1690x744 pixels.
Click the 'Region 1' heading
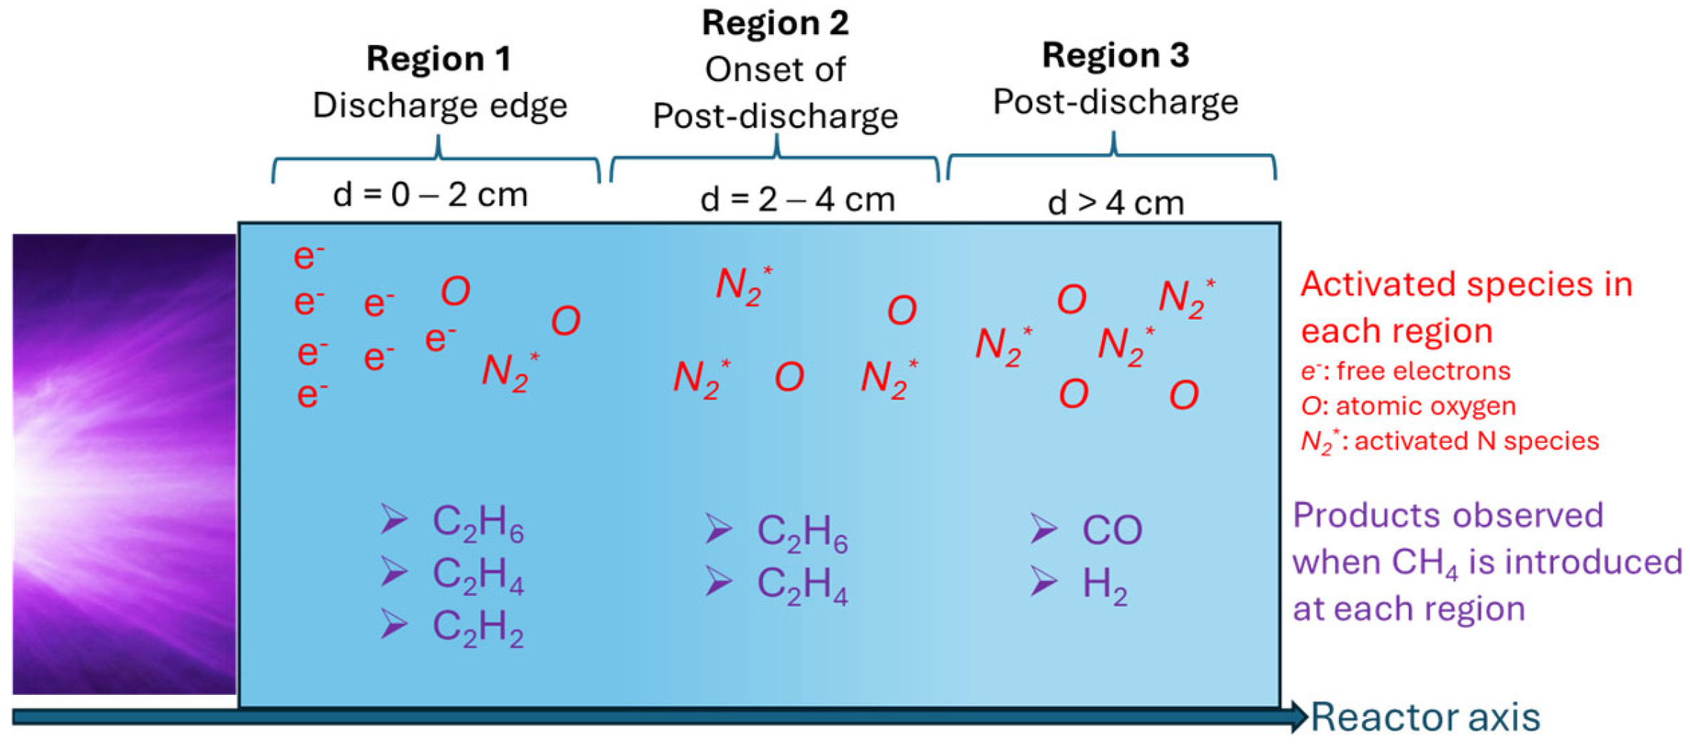pyautogui.click(x=439, y=58)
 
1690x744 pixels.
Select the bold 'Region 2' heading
pyautogui.click(x=775, y=23)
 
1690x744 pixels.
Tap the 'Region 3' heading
pyautogui.click(x=1115, y=55)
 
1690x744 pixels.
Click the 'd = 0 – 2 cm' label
pyautogui.click(x=430, y=194)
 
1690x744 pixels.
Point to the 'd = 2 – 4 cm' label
pyautogui.click(x=797, y=199)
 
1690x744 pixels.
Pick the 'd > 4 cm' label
pyautogui.click(x=1116, y=203)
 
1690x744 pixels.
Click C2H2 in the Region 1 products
pyautogui.click(x=478, y=628)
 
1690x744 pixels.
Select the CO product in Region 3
pyautogui.click(x=1111, y=530)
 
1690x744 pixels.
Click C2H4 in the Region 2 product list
pyautogui.click(x=802, y=585)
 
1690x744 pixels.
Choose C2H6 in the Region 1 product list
pyautogui.click(x=478, y=523)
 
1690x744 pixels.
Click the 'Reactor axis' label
pyautogui.click(x=1425, y=717)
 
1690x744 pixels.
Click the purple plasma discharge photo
pyautogui.click(x=124, y=463)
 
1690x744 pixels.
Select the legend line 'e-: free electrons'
pyautogui.click(x=1405, y=371)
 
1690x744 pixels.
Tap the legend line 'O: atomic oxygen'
pyautogui.click(x=1408, y=406)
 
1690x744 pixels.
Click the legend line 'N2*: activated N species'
pyautogui.click(x=1449, y=441)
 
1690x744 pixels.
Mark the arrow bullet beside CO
pyautogui.click(x=1043, y=529)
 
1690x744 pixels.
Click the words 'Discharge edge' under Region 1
pyautogui.click(x=440, y=105)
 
